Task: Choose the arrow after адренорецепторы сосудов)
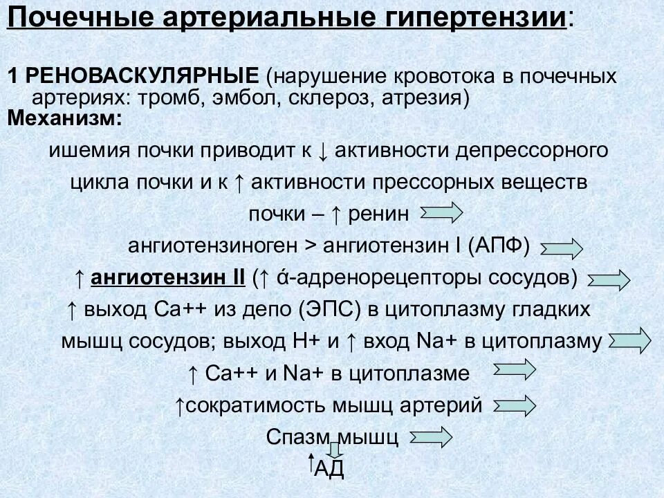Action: click(x=608, y=279)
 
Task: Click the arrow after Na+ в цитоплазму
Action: click(x=629, y=340)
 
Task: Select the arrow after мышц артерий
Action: click(x=513, y=405)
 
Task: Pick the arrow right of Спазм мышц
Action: click(x=430, y=436)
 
